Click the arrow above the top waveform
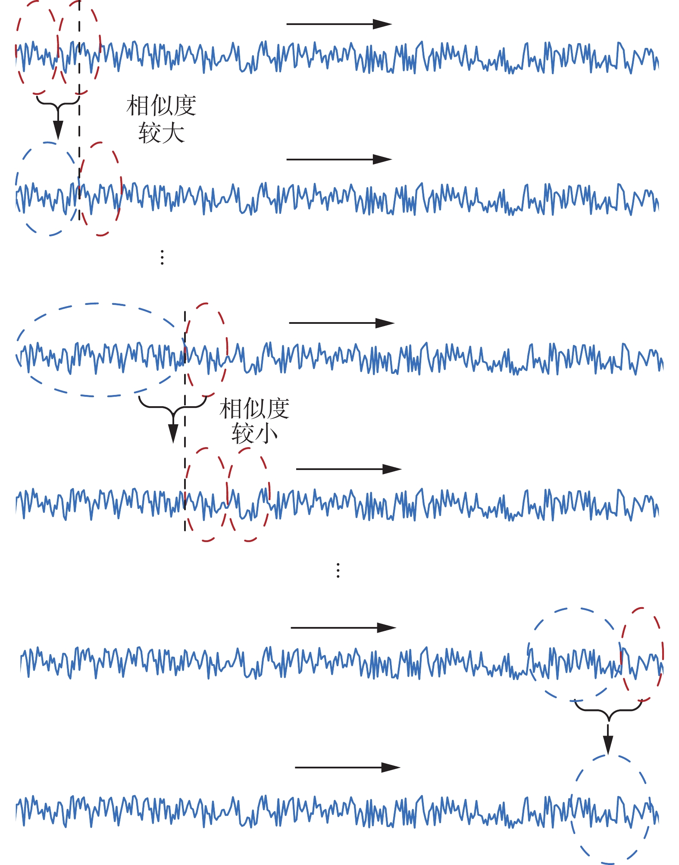click(x=339, y=24)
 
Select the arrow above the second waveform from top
click(x=339, y=160)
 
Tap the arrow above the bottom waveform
click(x=347, y=768)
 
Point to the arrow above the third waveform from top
click(x=341, y=323)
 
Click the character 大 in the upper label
click(x=173, y=132)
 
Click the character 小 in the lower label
click(x=266, y=433)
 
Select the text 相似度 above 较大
click(x=161, y=106)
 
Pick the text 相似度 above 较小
click(x=254, y=408)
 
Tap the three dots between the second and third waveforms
click(x=162, y=257)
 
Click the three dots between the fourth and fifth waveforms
click(x=338, y=570)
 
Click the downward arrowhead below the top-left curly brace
click(x=58, y=130)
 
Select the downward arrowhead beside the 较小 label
click(x=173, y=433)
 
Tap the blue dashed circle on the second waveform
click(x=47, y=189)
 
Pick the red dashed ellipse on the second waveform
click(x=100, y=189)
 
